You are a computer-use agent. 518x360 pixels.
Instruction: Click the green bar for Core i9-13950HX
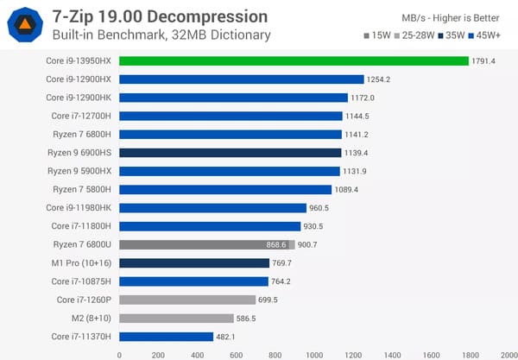294,60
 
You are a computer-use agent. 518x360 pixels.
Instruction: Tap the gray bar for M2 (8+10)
176,318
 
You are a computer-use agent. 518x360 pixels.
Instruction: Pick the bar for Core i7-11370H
166,337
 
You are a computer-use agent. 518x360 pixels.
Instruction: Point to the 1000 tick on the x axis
314,353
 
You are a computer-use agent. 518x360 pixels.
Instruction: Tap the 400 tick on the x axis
197,353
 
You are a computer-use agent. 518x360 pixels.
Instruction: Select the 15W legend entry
377,35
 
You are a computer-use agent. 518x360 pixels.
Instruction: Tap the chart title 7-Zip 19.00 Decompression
160,17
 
